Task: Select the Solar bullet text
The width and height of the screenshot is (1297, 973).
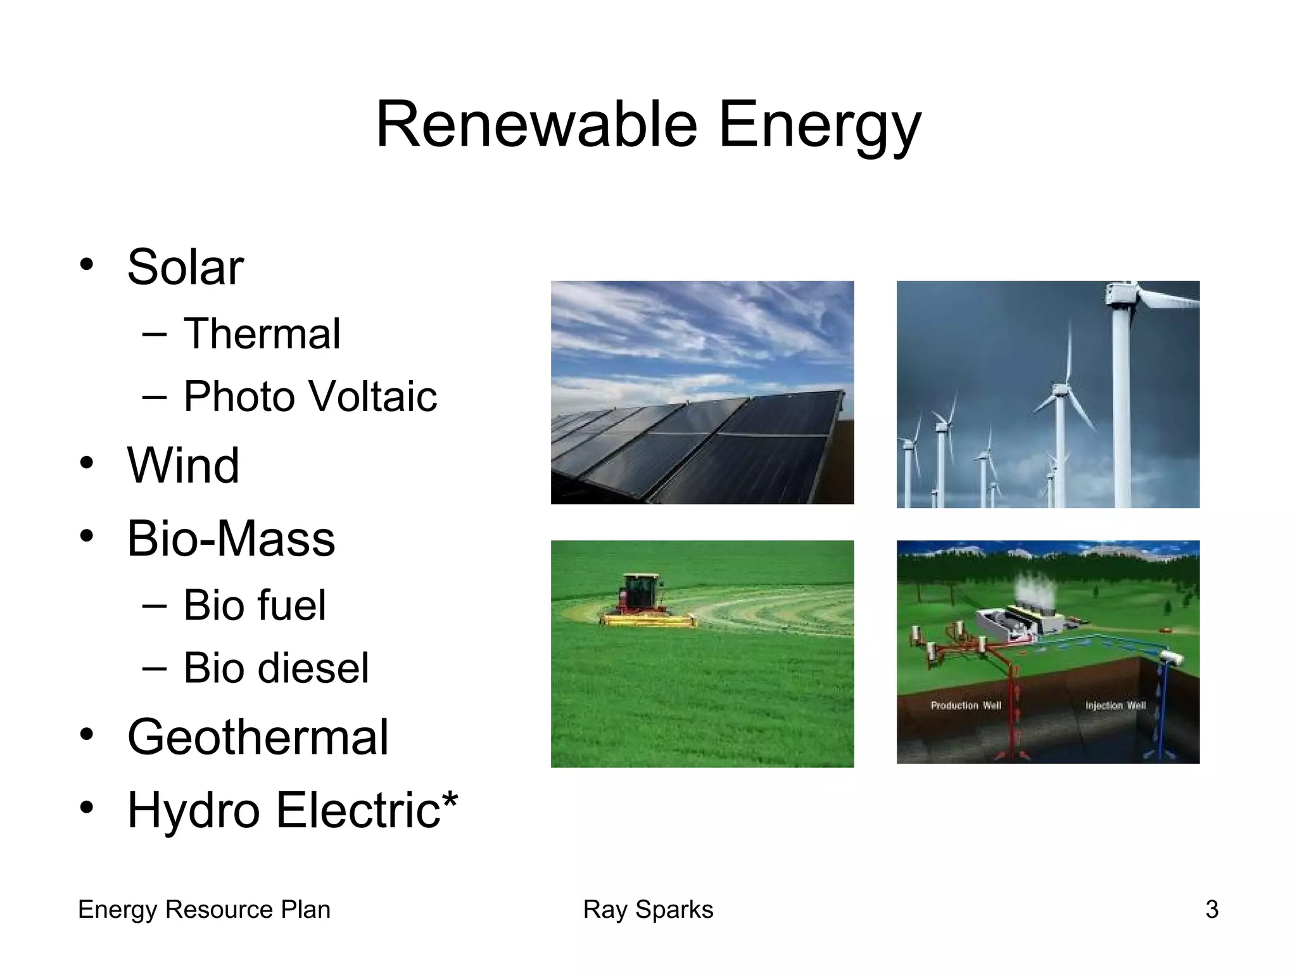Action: pyautogui.click(x=185, y=267)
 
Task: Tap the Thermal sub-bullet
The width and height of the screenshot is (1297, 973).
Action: pyautogui.click(x=262, y=334)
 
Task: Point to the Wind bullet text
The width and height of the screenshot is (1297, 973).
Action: pyautogui.click(x=183, y=466)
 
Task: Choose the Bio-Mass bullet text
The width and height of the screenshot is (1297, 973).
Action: pyautogui.click(x=231, y=539)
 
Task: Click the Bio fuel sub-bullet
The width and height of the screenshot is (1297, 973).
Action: pyautogui.click(x=255, y=605)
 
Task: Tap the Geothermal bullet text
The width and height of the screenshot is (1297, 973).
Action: pyautogui.click(x=257, y=737)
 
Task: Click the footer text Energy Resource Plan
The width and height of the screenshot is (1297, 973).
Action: pyautogui.click(x=204, y=910)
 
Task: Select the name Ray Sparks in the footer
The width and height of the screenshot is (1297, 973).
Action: pyautogui.click(x=648, y=910)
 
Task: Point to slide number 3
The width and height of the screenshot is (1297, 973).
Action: pyautogui.click(x=1212, y=910)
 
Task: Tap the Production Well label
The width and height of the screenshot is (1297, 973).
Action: pyautogui.click(x=965, y=706)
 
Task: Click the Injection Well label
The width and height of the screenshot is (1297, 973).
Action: pyautogui.click(x=1115, y=706)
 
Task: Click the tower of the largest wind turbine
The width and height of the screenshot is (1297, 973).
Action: pyautogui.click(x=1121, y=412)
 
